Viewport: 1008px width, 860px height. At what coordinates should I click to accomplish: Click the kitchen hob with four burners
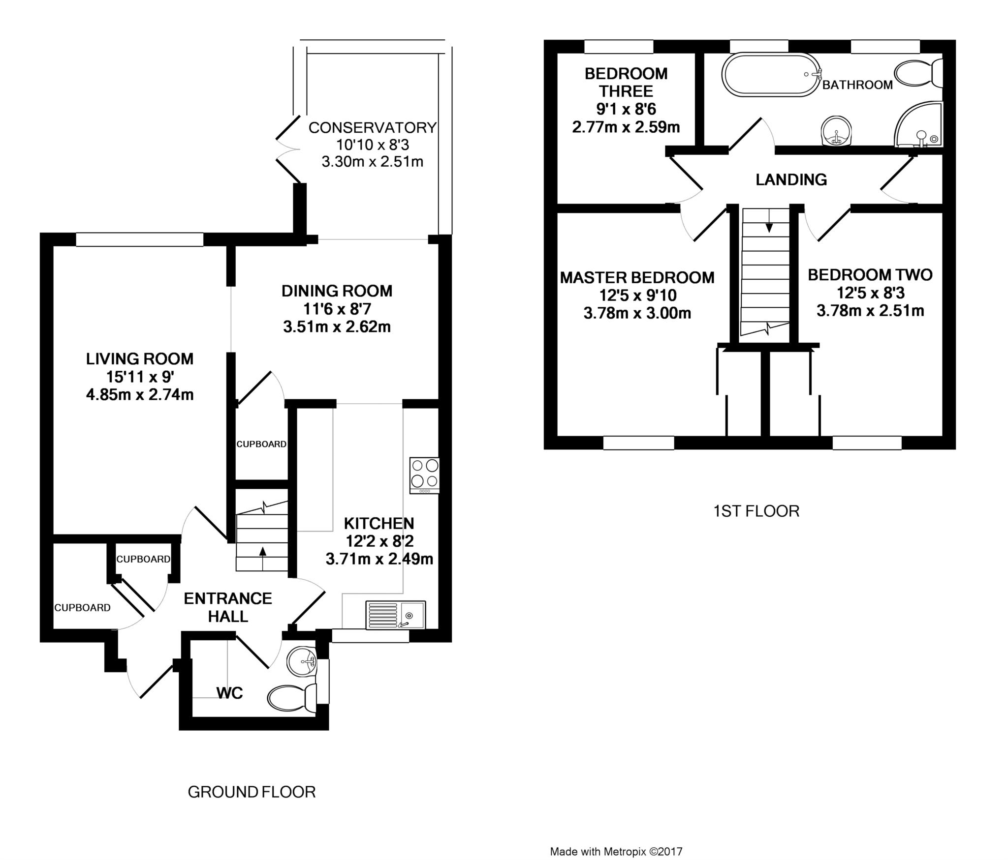pos(424,475)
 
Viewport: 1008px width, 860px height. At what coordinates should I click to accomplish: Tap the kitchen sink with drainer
pos(396,615)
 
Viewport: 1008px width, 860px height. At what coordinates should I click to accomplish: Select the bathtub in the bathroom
pos(772,75)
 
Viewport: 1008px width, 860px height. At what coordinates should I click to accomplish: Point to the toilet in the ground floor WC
pos(292,697)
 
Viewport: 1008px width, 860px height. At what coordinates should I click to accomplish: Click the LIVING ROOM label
pos(140,358)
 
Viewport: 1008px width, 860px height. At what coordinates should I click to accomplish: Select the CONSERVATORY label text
pos(372,127)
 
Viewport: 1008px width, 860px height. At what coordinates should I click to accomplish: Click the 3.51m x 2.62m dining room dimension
pos(337,327)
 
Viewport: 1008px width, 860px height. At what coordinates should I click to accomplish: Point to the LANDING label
pos(791,179)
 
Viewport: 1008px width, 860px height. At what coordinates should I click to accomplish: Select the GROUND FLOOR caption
pos(252,792)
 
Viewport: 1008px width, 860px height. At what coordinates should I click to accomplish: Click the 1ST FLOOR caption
pos(756,511)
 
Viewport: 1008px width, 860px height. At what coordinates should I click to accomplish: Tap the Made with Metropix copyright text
pos(616,851)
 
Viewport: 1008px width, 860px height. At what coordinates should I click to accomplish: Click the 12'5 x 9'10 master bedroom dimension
pos(637,295)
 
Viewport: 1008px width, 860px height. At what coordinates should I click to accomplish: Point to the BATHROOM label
pos(857,85)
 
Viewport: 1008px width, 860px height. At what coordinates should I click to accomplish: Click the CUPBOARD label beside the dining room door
pos(261,444)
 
